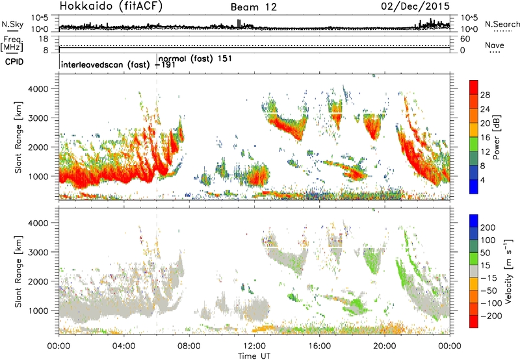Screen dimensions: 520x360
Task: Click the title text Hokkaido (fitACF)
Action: pos(111,6)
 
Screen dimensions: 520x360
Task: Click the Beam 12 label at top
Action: pos(253,7)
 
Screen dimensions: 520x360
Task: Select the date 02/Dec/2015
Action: pos(415,6)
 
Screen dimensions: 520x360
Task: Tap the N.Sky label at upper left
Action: pos(12,24)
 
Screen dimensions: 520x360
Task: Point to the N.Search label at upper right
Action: pos(502,24)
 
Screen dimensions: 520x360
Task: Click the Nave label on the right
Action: pos(495,45)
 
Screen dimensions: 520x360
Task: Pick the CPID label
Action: pos(14,62)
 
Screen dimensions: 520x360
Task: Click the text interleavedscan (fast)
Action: pos(105,64)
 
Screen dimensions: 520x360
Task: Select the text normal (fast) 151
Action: pos(196,58)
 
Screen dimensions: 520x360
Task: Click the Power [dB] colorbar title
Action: pos(496,137)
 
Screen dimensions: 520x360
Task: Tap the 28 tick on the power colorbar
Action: pos(485,95)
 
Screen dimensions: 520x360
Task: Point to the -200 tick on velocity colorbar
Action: pos(491,316)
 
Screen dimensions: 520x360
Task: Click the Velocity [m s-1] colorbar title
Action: pos(509,271)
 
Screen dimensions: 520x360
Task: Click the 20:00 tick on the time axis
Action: pos(385,346)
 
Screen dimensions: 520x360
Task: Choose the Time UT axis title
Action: pos(254,356)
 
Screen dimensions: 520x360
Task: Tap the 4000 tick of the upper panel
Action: pos(38,89)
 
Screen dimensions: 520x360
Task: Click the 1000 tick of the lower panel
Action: pos(38,311)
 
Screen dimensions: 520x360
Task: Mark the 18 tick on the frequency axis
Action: pos(44,39)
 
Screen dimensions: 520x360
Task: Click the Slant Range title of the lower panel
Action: pos(19,272)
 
